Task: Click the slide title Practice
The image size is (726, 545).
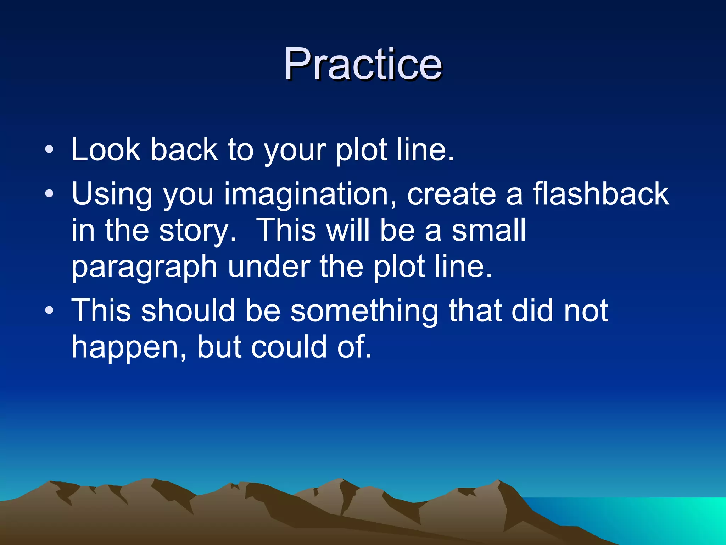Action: tap(363, 65)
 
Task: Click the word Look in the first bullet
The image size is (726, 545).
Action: tap(106, 150)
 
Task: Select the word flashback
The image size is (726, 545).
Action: tap(601, 194)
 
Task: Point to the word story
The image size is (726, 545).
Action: tap(197, 231)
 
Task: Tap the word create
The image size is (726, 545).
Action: tap(451, 194)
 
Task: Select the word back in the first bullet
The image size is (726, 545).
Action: tap(184, 150)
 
